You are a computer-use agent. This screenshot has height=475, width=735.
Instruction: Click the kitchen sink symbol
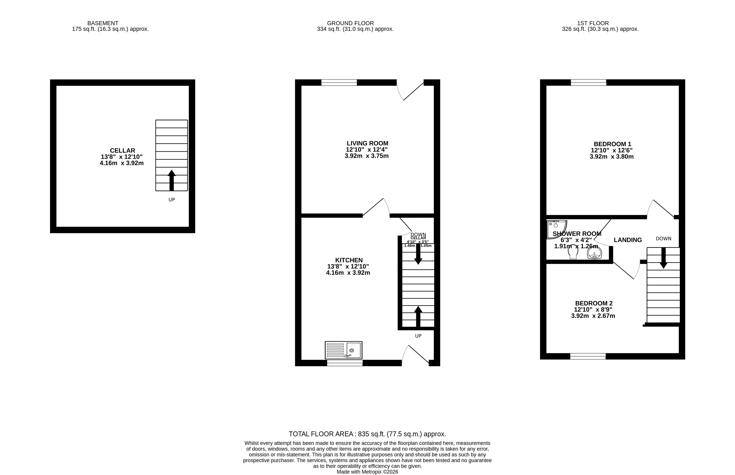pos(344,350)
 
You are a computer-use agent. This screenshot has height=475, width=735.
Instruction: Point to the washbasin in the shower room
pos(594,254)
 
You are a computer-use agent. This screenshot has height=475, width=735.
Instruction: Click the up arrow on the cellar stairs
pos(171,180)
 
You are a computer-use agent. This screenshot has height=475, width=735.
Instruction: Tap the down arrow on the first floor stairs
pos(664,258)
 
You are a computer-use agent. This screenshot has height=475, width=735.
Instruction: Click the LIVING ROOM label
pos(367,143)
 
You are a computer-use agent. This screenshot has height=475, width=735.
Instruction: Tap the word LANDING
pos(628,240)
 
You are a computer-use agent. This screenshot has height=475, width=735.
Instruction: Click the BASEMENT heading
pos(103,23)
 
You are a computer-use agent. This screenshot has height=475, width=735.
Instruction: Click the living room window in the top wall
pos(339,82)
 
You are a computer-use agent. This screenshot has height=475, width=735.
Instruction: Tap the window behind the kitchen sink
pos(345,363)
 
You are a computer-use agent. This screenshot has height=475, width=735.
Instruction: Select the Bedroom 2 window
pos(588,356)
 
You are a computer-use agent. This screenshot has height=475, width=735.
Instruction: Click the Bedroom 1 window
pos(589,82)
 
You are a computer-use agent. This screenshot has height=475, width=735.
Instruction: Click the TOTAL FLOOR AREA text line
pos(367,434)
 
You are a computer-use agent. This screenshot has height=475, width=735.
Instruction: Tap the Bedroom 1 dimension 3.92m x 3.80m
pos(612,157)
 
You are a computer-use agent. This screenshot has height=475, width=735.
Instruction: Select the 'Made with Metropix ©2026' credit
pos(367,472)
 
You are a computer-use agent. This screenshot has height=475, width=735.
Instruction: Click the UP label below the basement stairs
pos(172,200)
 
